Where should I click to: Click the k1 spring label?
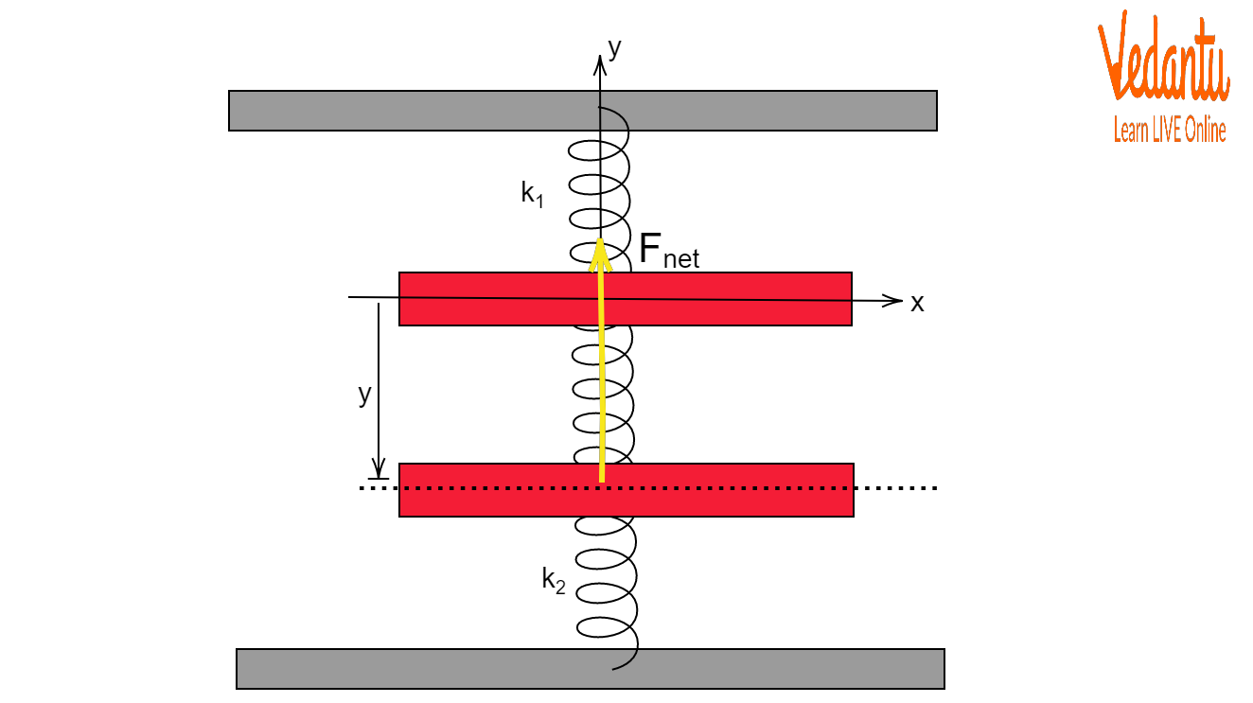point(532,195)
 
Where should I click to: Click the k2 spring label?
point(554,579)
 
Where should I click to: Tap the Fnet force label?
point(669,251)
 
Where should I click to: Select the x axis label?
point(917,304)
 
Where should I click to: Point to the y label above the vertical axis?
point(615,48)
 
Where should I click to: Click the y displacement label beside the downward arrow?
point(364,395)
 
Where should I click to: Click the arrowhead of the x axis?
point(892,300)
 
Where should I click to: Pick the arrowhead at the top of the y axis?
point(600,65)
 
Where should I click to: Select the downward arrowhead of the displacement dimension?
point(379,467)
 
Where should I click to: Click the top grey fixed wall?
point(583,111)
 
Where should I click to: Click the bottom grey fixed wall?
point(591,669)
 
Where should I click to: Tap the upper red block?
point(626,299)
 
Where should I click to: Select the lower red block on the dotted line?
point(626,490)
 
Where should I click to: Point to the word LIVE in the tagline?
point(1168,131)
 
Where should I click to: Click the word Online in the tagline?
point(1206,131)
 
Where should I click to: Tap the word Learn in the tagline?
point(1132,130)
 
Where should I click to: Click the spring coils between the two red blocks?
point(604,395)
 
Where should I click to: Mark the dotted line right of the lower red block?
point(896,488)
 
